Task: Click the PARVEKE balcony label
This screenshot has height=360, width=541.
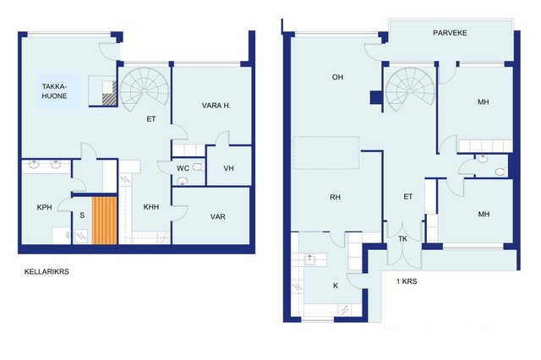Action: (x=450, y=33)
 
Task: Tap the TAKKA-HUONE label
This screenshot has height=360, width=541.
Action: (x=54, y=91)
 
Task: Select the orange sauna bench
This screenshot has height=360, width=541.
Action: (x=105, y=221)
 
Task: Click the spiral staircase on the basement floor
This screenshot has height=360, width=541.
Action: (x=145, y=89)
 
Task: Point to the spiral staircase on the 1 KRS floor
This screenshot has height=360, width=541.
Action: (x=410, y=89)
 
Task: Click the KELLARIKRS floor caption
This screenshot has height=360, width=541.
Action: (x=46, y=272)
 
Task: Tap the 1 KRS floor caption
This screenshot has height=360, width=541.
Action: (x=407, y=281)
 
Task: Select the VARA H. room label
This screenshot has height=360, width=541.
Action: (x=216, y=106)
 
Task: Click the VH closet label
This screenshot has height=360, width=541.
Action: (x=228, y=168)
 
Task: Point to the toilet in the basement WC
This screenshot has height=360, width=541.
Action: (x=198, y=167)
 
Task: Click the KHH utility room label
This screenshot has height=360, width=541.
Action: (x=151, y=207)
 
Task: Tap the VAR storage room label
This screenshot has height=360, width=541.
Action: (x=218, y=216)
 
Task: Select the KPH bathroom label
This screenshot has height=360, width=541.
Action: (x=44, y=207)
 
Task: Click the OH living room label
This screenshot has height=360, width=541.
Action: (x=337, y=77)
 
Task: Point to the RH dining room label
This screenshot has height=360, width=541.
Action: (x=335, y=197)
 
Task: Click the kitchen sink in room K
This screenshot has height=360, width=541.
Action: (x=310, y=259)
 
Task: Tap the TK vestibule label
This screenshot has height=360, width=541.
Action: (x=402, y=238)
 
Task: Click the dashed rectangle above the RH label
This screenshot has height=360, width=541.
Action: (x=326, y=153)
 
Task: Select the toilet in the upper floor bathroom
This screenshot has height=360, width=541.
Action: (x=501, y=172)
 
